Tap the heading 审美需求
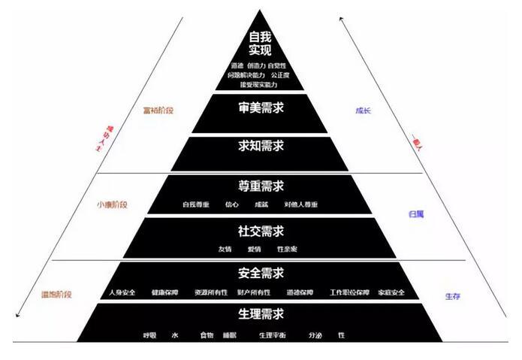pos(260,108)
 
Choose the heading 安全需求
pos(260,273)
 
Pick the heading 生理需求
pos(260,315)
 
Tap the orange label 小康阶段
pos(112,204)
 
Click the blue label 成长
pos(364,110)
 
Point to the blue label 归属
pos(415,214)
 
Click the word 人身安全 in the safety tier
pos(122,292)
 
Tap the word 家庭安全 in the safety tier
pos(391,292)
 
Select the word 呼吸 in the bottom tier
pos(150,334)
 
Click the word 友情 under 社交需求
pos(225,249)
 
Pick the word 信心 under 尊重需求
pos(232,204)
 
